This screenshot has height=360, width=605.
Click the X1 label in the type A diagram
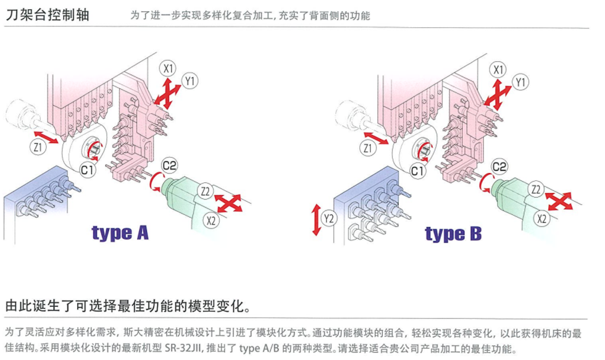(168, 69)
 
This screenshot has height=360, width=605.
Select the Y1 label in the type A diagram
(190, 82)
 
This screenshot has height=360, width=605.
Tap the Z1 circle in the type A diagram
(38, 147)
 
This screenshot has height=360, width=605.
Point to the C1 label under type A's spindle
(87, 170)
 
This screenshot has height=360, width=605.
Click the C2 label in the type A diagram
(169, 166)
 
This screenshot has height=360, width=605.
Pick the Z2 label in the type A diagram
(206, 191)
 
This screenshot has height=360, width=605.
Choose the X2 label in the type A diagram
(211, 220)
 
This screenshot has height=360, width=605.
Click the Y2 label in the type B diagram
(328, 219)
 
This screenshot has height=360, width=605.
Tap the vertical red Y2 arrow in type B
(316, 220)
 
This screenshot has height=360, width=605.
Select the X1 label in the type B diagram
(498, 70)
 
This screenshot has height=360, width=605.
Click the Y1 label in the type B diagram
(520, 83)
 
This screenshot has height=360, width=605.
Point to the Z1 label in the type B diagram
(367, 148)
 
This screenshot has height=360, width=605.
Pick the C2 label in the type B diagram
(499, 167)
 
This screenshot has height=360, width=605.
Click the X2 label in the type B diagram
(542, 219)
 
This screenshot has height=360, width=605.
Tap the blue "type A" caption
(120, 233)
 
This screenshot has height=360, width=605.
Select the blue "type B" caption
(453, 234)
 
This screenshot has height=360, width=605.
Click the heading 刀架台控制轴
(48, 15)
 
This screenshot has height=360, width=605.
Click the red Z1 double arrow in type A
(46, 137)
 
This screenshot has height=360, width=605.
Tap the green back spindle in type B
(513, 199)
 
